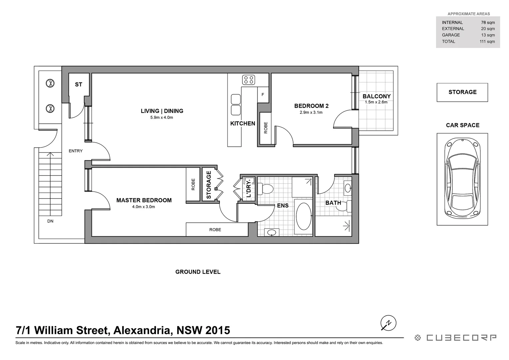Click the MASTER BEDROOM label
[144, 200]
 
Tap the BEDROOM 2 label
[311, 106]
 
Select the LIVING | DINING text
[162, 111]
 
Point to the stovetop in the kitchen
[249, 80]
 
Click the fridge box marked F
[263, 95]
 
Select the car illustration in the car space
[462, 179]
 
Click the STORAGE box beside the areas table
[462, 92]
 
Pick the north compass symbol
[388, 323]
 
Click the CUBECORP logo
[455, 338]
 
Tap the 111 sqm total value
[487, 42]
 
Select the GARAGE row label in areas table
[451, 35]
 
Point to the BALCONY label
[376, 96]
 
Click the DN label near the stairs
[50, 221]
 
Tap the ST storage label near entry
[79, 85]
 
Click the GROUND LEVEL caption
[198, 272]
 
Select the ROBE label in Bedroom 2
[265, 128]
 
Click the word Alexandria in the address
[143, 330]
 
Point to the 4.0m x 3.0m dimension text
[144, 207]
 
